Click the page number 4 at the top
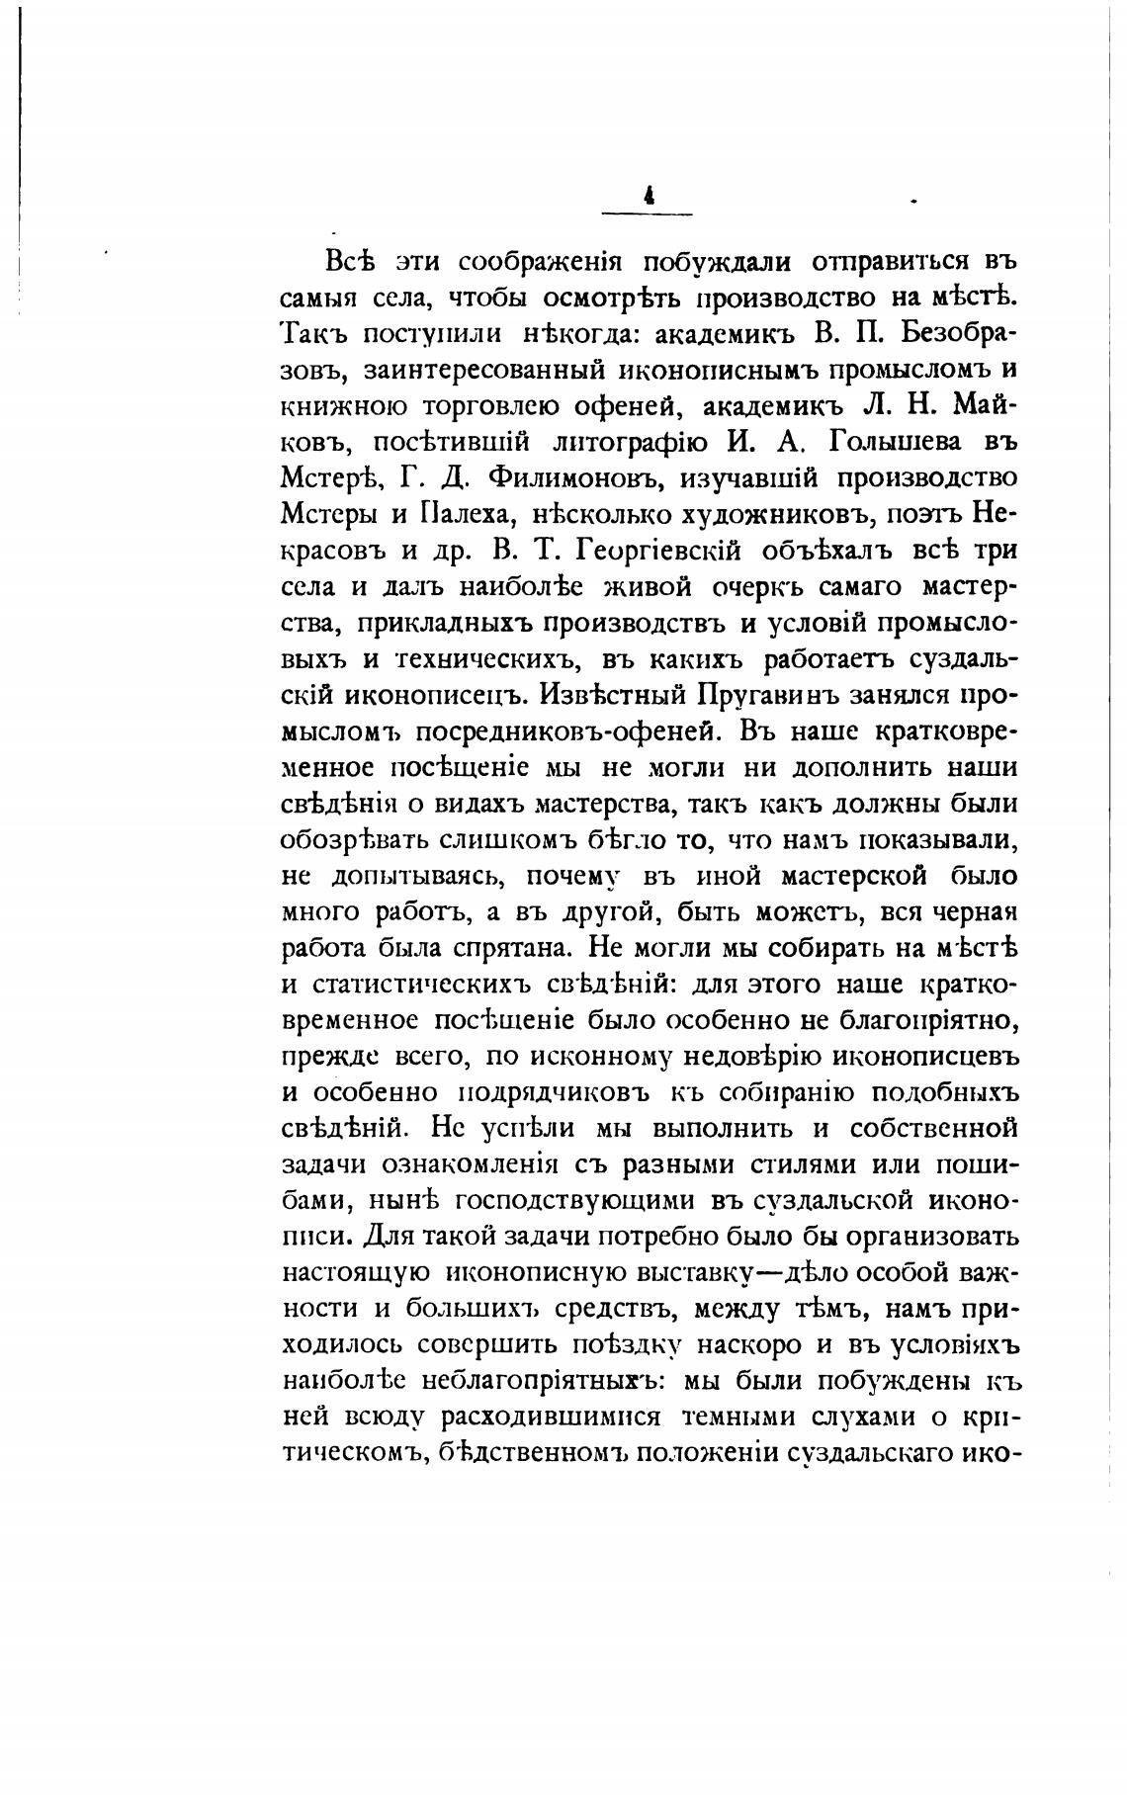(x=648, y=197)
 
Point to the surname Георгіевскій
(x=648, y=551)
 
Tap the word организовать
(x=923, y=1237)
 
